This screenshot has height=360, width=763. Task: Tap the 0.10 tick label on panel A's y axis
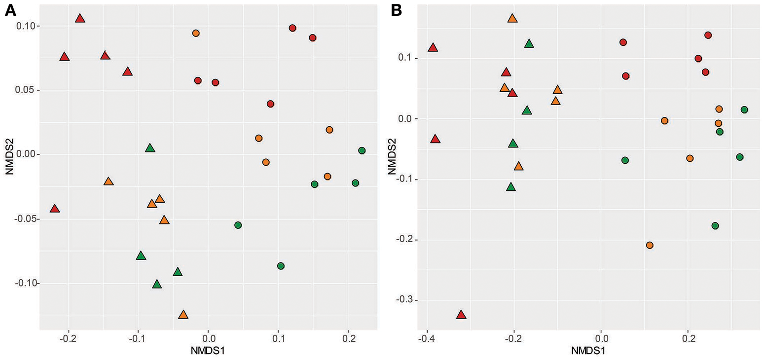click(x=25, y=26)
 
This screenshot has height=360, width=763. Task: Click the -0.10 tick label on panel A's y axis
click(x=24, y=283)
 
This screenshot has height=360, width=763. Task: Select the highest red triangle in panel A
click(x=80, y=18)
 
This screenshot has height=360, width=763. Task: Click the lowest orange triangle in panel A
click(x=183, y=315)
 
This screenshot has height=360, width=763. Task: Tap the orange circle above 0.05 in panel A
click(x=196, y=33)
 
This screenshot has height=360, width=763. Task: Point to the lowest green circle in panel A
click(x=281, y=266)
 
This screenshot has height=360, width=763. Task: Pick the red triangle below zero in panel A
click(x=55, y=209)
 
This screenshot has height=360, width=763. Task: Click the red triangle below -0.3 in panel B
click(x=461, y=315)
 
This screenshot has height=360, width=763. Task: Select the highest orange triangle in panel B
click(x=512, y=18)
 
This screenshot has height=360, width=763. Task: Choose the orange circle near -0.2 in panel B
click(x=650, y=245)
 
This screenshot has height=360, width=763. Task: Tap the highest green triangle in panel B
click(x=529, y=44)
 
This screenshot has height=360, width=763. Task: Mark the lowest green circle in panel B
click(x=715, y=226)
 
